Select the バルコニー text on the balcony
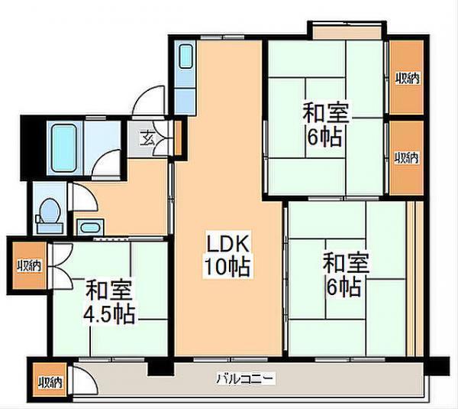[244, 378]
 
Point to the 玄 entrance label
[146, 138]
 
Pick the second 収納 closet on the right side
[406, 157]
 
